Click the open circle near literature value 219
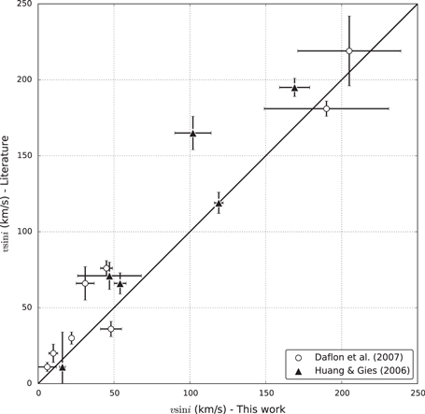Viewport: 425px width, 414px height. pos(349,50)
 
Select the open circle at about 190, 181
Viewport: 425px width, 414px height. pos(326,108)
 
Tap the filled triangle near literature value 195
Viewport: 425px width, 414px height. pos(294,88)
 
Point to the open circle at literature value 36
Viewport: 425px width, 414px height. pos(111,329)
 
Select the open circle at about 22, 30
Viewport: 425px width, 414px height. pos(71,338)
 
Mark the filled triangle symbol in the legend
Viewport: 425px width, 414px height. pos(297,371)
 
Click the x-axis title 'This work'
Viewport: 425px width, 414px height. pos(228,407)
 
